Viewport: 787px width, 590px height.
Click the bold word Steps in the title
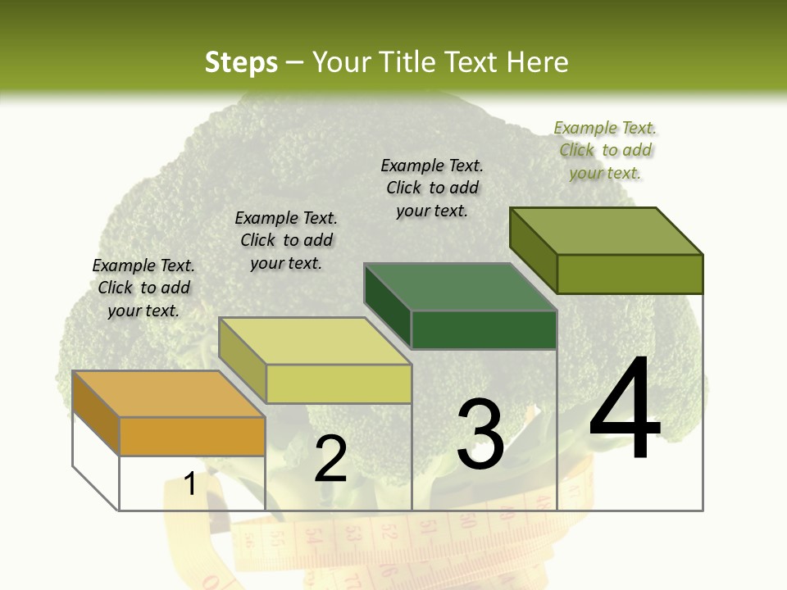pyautogui.click(x=241, y=62)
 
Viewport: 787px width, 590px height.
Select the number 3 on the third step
pyautogui.click(x=480, y=434)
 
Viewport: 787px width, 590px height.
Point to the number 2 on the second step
pyautogui.click(x=330, y=458)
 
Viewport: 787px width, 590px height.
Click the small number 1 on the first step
pyautogui.click(x=190, y=484)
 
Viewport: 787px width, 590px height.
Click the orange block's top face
pyautogui.click(x=168, y=394)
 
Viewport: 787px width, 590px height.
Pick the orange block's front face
pyautogui.click(x=192, y=436)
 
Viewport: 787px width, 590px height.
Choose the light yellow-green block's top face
pyautogui.click(x=315, y=341)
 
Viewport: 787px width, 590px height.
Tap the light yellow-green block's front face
pyautogui.click(x=339, y=383)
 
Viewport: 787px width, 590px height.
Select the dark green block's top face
pyautogui.click(x=460, y=288)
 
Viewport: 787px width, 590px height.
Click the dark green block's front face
pyautogui.click(x=484, y=329)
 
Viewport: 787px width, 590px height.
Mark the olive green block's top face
pyautogui.click(x=606, y=231)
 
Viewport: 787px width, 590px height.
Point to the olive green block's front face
pyautogui.click(x=630, y=274)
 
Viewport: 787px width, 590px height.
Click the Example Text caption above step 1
pyautogui.click(x=143, y=288)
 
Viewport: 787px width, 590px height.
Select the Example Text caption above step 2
pyautogui.click(x=286, y=240)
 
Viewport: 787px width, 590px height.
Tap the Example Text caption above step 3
pyautogui.click(x=432, y=188)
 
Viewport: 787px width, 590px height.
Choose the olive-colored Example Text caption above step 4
pyautogui.click(x=605, y=150)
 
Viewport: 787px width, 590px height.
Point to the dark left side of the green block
pyautogui.click(x=387, y=305)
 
